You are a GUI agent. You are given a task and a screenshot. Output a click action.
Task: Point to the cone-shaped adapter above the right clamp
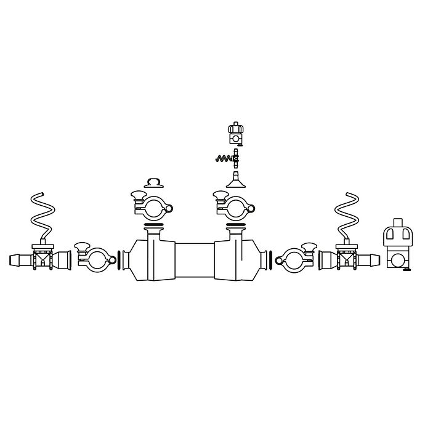[x=235, y=180]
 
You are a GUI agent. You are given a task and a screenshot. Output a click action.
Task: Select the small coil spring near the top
[x=224, y=158]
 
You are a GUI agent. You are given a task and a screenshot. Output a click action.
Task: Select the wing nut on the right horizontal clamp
[x=306, y=248]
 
